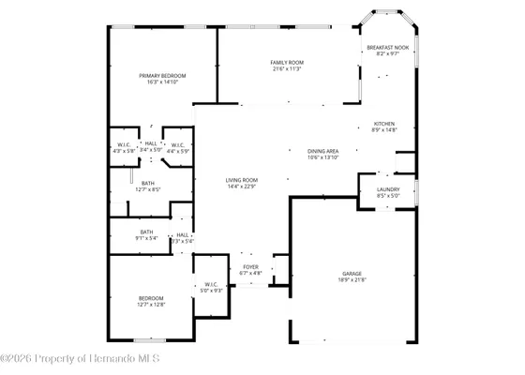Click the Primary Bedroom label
163,76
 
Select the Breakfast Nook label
387,47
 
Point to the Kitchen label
384,124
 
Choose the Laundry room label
387,189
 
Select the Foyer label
250,266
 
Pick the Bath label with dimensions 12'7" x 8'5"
148,183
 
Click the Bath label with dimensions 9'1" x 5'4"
147,232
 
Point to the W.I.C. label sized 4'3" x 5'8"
124,143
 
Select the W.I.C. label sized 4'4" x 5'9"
177,143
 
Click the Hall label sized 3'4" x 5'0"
150,143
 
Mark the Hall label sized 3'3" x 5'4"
182,235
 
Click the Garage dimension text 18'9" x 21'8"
352,279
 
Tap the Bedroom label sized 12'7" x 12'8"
151,298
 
